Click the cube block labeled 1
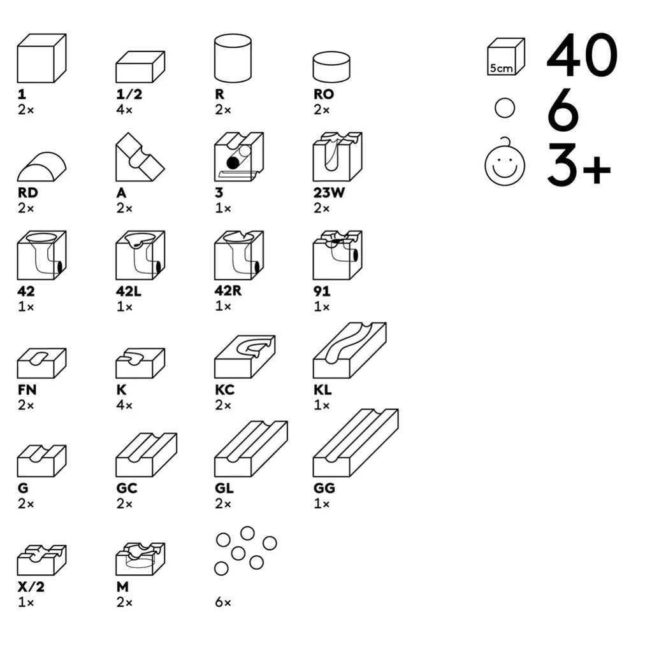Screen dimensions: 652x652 coord(41,59)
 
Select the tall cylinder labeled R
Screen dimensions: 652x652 coord(233,59)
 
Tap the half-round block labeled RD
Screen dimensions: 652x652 coord(41,167)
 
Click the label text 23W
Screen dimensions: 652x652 coord(329,193)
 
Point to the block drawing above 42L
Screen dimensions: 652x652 coord(140,255)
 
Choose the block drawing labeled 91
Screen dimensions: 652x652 coord(337,255)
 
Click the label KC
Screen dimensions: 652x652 coord(224,390)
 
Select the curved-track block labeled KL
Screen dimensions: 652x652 coord(349,351)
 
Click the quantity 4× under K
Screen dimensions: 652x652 coord(124,405)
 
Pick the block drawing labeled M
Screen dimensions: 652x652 coord(140,558)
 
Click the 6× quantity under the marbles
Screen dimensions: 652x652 coord(222,602)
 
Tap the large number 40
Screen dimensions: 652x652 coord(581,55)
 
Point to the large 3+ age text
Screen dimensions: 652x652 coord(578,166)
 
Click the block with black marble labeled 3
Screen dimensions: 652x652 coord(238,157)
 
